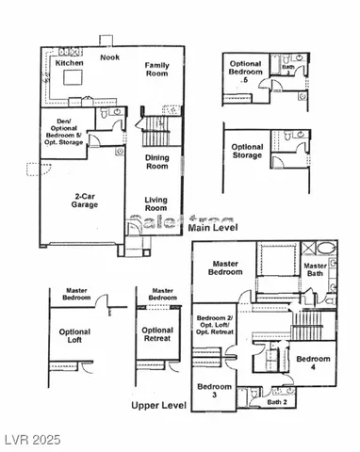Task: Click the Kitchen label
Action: (70, 62)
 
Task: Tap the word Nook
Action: (109, 57)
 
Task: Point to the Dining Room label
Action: (158, 161)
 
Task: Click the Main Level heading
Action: (212, 228)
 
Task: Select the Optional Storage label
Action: (248, 152)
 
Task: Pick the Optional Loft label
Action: (74, 337)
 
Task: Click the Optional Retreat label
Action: (156, 335)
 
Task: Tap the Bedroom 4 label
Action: (313, 363)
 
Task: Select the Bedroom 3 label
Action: (212, 390)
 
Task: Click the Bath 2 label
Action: (276, 402)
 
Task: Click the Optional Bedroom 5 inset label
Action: (247, 73)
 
